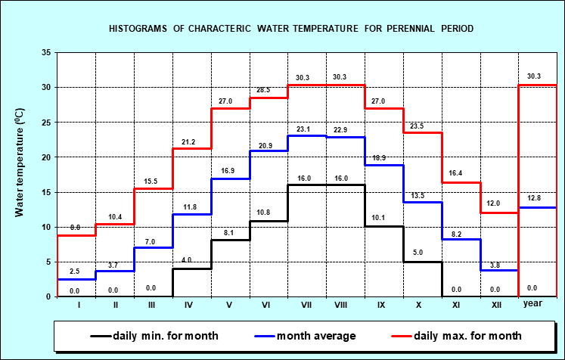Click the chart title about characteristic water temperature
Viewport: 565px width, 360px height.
pyautogui.click(x=291, y=29)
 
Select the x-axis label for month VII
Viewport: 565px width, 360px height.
pyautogui.click(x=306, y=304)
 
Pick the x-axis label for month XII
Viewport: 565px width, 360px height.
pyautogui.click(x=496, y=304)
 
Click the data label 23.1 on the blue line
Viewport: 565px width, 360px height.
pyautogui.click(x=304, y=130)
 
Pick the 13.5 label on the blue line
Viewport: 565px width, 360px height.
pyautogui.click(x=419, y=195)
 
